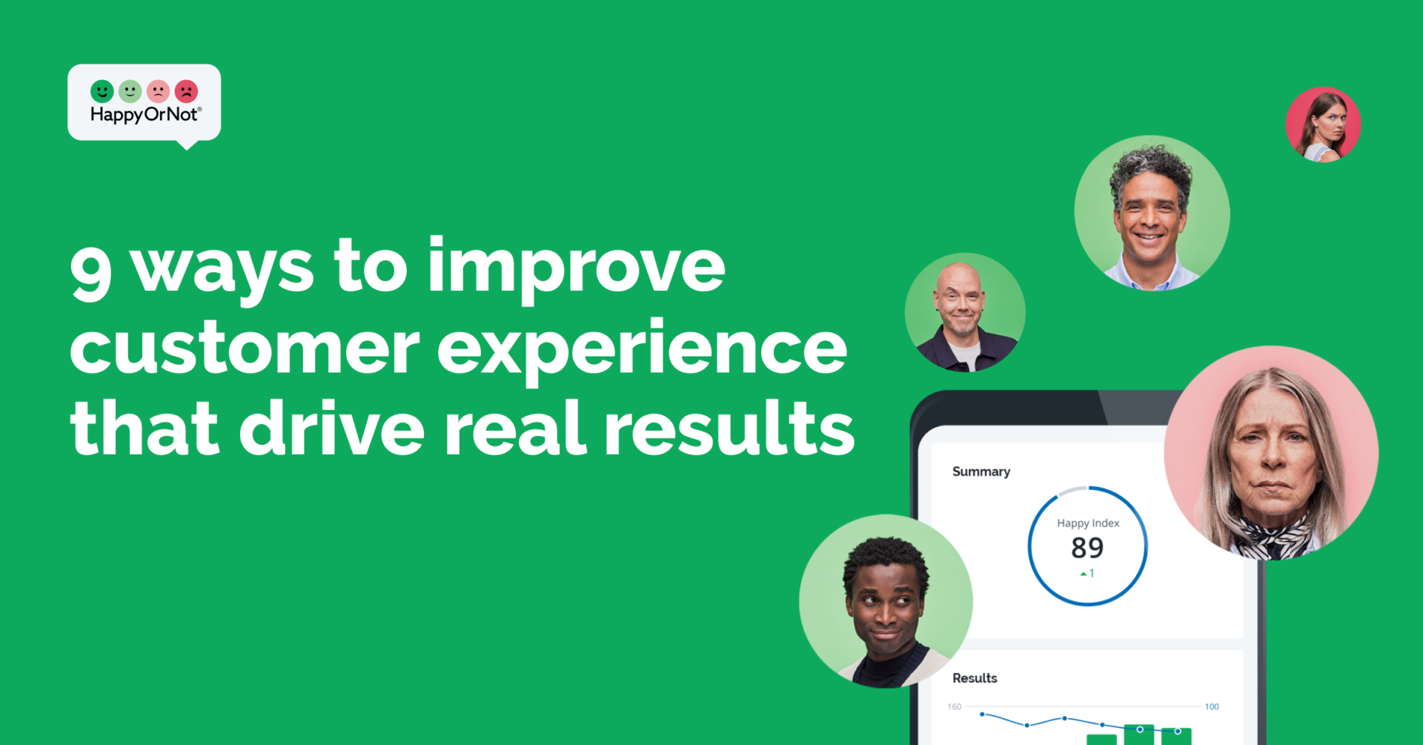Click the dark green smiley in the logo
pyautogui.click(x=102, y=91)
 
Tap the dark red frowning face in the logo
pyautogui.click(x=186, y=91)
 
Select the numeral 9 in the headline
pyautogui.click(x=91, y=273)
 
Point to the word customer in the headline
pyautogui.click(x=245, y=348)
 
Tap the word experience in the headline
pyautogui.click(x=642, y=351)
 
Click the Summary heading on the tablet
pyautogui.click(x=981, y=471)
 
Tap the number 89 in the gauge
pyautogui.click(x=1087, y=548)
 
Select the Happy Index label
pyautogui.click(x=1088, y=523)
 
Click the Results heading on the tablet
pyautogui.click(x=975, y=678)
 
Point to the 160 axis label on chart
pyautogui.click(x=955, y=706)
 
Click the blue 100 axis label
pyautogui.click(x=1212, y=706)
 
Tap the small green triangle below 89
pyautogui.click(x=1084, y=574)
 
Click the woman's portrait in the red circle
pyautogui.click(x=1323, y=125)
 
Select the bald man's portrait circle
pyautogui.click(x=965, y=312)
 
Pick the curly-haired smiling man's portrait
pyautogui.click(x=1152, y=213)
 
